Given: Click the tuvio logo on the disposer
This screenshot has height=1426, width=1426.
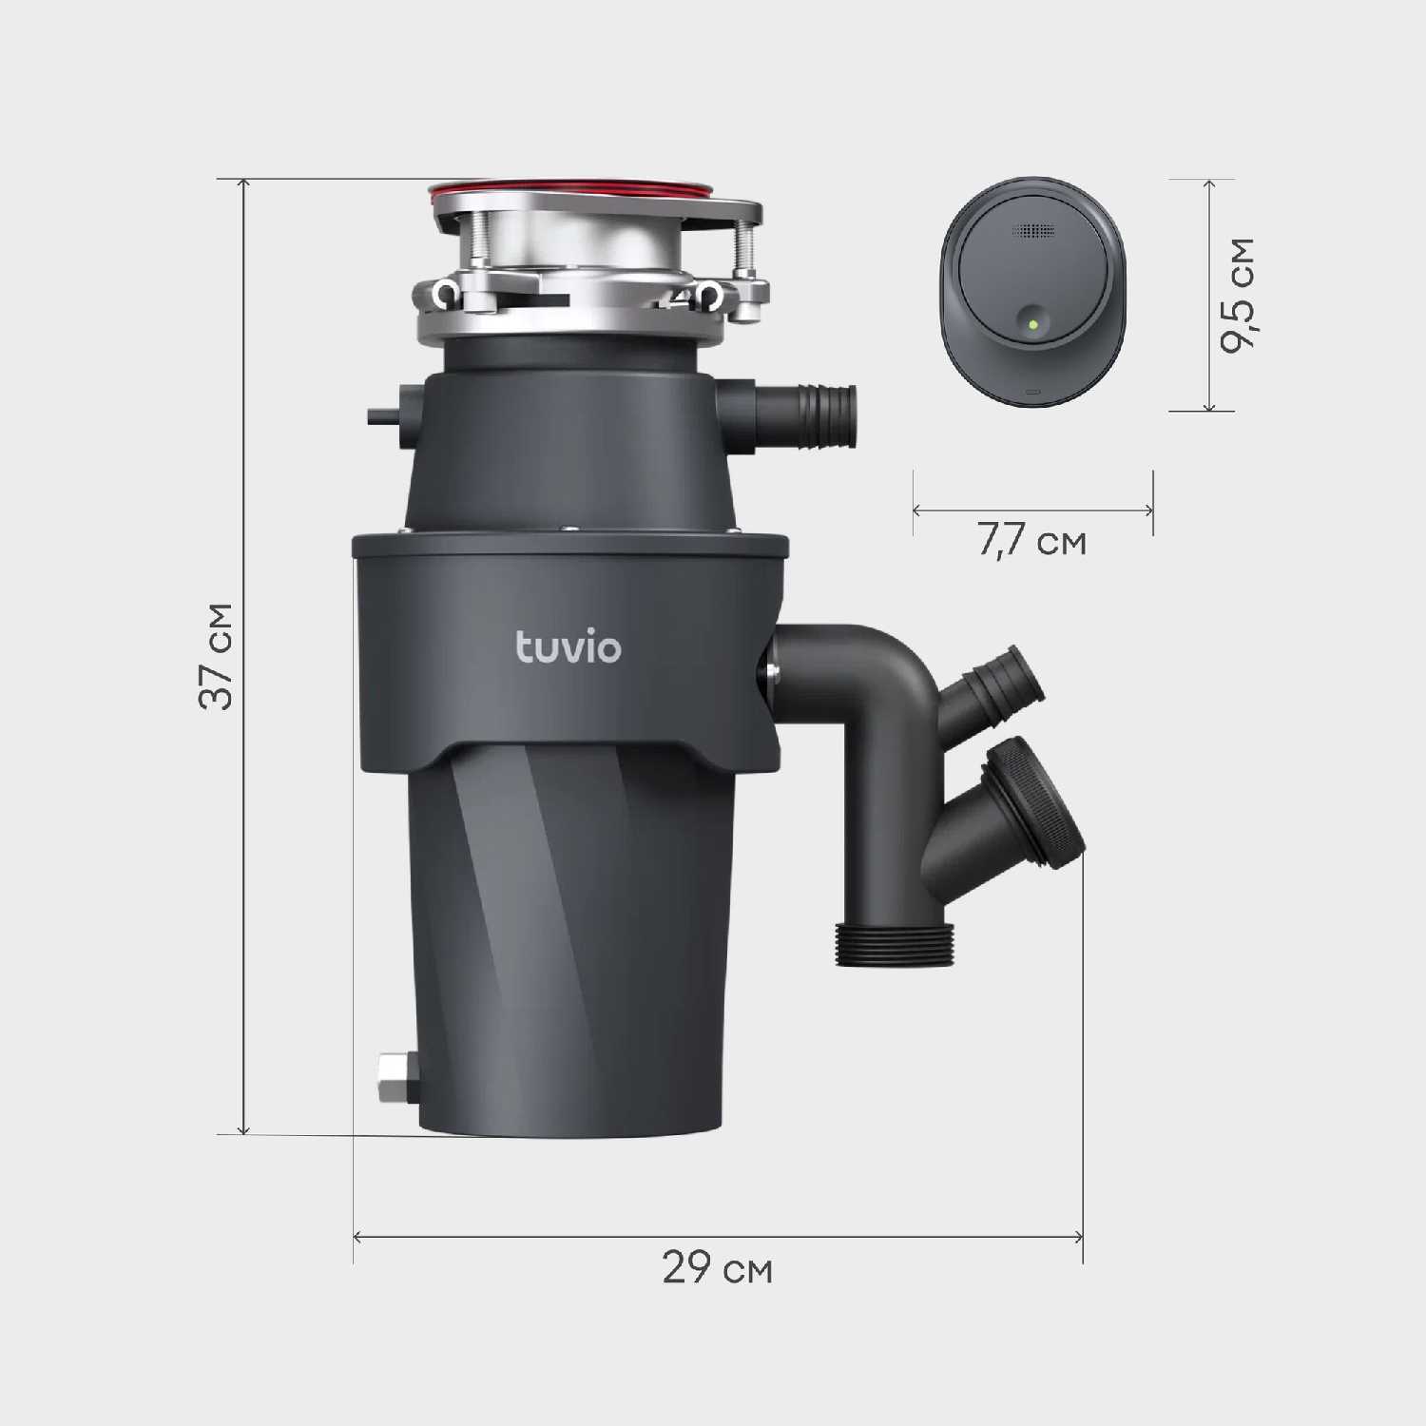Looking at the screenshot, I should click(568, 647).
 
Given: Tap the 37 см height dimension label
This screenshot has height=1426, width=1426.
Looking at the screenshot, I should click(217, 656).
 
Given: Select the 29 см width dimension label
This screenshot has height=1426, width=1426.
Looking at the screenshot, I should click(718, 1268).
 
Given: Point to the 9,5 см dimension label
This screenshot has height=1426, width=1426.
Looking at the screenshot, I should click(1238, 295).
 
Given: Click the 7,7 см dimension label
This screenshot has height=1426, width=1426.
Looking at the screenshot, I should click(1032, 542).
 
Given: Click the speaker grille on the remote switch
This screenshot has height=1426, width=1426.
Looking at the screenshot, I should click(1033, 231).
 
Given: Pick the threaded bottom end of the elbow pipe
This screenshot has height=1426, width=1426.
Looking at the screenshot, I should click(895, 945).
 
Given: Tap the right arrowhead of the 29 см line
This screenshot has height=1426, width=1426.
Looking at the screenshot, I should click(1079, 1237).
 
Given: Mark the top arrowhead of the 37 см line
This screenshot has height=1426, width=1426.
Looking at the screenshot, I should click(244, 183).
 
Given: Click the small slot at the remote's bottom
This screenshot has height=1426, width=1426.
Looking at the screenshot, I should click(1032, 391).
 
